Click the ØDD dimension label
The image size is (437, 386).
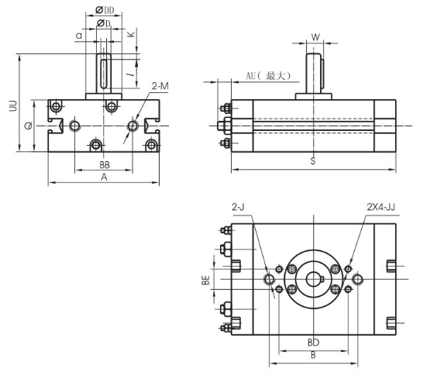pos(105,9)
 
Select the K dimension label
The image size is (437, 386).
pos(132,35)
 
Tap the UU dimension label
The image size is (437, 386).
pos(12,105)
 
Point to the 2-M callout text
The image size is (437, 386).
pos(160,87)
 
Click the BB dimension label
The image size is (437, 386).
pos(104,166)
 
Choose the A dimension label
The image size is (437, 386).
pos(104,177)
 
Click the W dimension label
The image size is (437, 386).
pos(315,36)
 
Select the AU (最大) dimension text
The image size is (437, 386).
pos(268,76)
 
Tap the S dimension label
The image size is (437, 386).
pos(312,161)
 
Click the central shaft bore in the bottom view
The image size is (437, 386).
pos(313,280)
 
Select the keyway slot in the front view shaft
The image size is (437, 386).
pos(105,72)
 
